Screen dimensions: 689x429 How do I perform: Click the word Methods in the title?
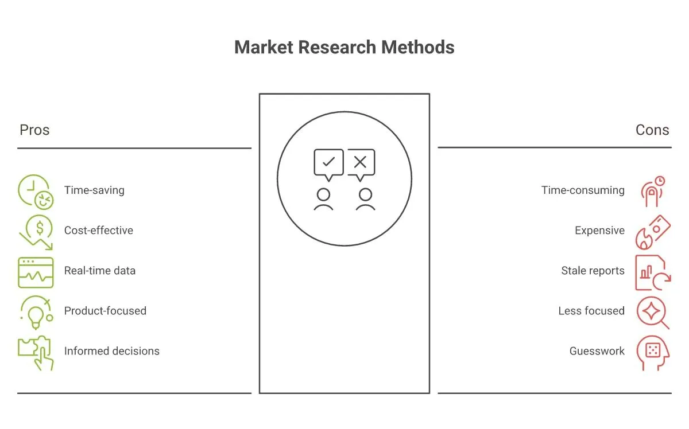pyautogui.click(x=418, y=48)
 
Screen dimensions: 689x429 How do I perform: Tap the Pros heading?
pyautogui.click(x=34, y=130)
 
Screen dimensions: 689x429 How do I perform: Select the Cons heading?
pyautogui.click(x=652, y=130)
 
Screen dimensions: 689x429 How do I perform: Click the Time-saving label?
pyautogui.click(x=94, y=190)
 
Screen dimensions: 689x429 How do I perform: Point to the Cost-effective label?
pyautogui.click(x=98, y=231)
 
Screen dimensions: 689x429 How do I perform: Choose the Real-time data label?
pyautogui.click(x=100, y=271)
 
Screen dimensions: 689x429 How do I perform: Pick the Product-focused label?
pyautogui.click(x=105, y=311)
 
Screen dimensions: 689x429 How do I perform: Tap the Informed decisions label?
pyautogui.click(x=111, y=351)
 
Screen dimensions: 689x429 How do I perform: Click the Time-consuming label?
pyautogui.click(x=583, y=190)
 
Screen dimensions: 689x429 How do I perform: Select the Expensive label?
pyautogui.click(x=599, y=231)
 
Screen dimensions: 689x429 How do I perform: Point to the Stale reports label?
pyautogui.click(x=593, y=271)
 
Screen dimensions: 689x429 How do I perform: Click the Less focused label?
pyautogui.click(x=591, y=311)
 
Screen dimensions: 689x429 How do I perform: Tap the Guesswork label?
pyautogui.click(x=597, y=351)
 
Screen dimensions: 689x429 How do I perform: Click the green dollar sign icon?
pyautogui.click(x=36, y=232)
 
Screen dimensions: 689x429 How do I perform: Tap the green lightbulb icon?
pyautogui.click(x=36, y=313)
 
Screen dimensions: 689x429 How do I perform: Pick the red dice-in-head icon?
pyautogui.click(x=653, y=353)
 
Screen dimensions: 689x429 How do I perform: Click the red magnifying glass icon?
pyautogui.click(x=653, y=313)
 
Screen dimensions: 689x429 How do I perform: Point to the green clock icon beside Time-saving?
pyautogui.click(x=36, y=192)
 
